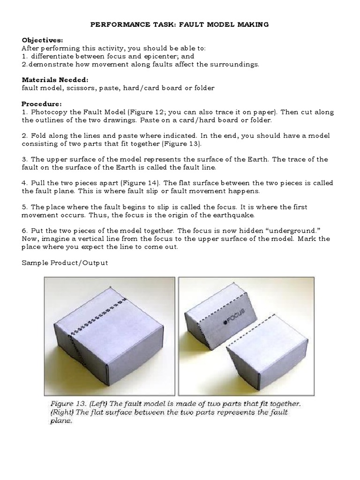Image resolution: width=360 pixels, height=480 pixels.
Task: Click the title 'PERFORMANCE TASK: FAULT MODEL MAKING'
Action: tap(180, 24)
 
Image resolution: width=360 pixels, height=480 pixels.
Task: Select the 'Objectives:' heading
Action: tap(42, 40)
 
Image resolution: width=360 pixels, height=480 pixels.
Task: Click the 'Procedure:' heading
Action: tap(41, 104)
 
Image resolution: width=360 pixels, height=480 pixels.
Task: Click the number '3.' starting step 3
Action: tap(25, 159)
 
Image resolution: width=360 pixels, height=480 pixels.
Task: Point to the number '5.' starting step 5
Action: tap(25, 207)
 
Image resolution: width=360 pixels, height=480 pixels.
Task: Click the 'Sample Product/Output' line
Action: tap(65, 262)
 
